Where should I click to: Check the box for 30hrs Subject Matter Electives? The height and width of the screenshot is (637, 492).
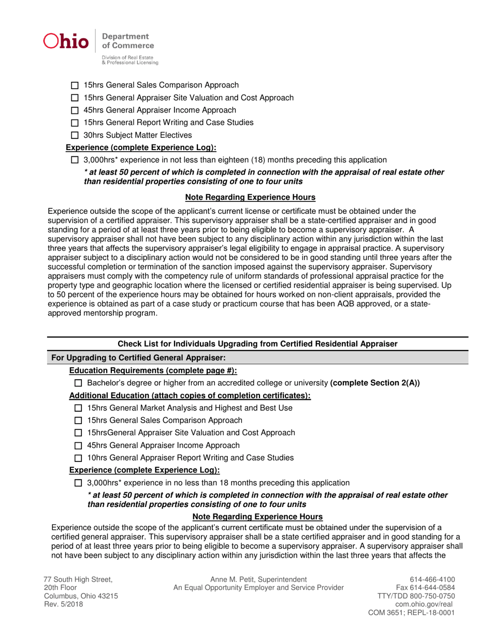[75, 136]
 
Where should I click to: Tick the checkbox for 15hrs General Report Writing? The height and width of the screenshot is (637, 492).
[75, 123]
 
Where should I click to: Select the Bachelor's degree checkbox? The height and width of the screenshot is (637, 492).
[78, 383]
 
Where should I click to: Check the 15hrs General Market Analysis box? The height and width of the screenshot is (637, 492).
[78, 409]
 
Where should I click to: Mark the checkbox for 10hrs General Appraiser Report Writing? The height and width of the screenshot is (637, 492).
[78, 458]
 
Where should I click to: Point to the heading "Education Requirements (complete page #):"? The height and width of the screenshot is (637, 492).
[153, 371]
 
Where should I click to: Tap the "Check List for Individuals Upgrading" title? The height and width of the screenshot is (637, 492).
[257, 344]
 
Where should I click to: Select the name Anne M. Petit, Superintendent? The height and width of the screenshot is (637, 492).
[258, 580]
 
